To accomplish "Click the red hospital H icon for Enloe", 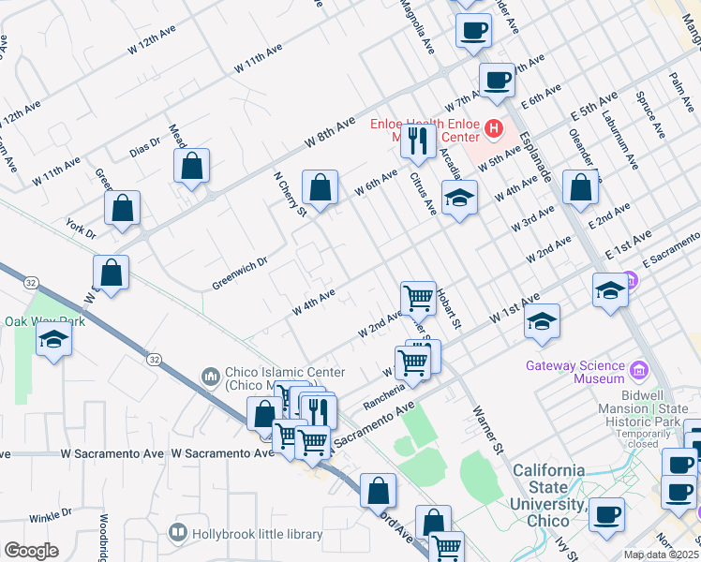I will pos(491,126).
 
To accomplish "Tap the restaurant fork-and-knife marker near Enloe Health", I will pos(415,140).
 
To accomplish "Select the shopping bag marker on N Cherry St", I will pos(320,187).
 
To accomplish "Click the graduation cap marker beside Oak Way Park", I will pos(54,339).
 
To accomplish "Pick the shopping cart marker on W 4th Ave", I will pos(418,298).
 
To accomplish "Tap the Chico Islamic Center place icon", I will pos(210,377).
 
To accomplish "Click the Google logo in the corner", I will pos(31,551).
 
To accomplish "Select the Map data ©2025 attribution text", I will pos(661,555).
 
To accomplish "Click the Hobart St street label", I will pos(450,310).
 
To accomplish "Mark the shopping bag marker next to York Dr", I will pos(123,208).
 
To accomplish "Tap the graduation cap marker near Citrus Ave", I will pos(459,199).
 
